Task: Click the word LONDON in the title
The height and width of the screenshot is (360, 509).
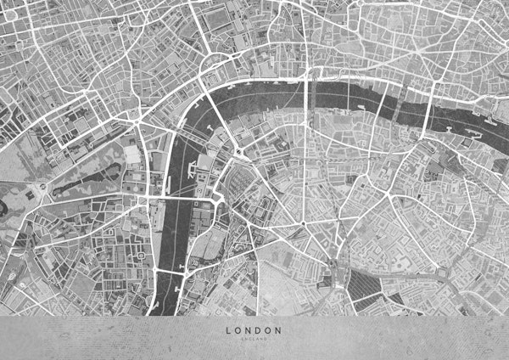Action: pyautogui.click(x=254, y=329)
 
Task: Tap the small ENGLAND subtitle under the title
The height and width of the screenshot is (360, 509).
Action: pyautogui.click(x=254, y=339)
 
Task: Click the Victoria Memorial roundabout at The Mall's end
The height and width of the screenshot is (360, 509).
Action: pyautogui.click(x=40, y=186)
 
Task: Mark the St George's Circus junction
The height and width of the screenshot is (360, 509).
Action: pyautogui.click(x=302, y=224)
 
